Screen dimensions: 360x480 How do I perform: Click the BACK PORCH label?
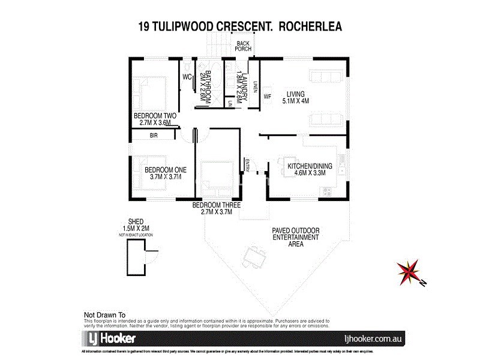tap(243, 46)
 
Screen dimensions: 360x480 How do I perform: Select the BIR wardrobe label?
tap(154, 136)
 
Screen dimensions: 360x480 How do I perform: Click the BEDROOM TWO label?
tap(154, 115)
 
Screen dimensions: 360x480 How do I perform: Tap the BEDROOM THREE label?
tap(216, 205)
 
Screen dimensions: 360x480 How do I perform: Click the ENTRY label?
tap(247, 163)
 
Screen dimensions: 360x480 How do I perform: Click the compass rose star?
tap(409, 271)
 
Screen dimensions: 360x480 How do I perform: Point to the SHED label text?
tap(136, 221)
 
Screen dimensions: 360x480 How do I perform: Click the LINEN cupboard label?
tap(254, 87)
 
